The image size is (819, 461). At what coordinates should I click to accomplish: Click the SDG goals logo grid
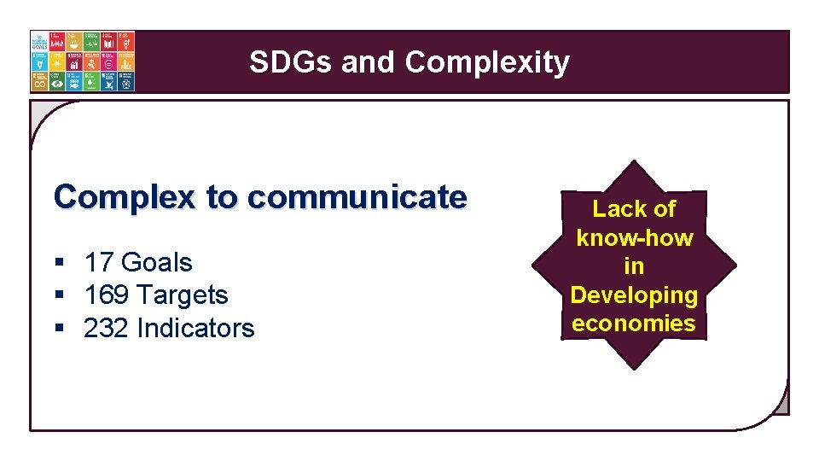[82, 61]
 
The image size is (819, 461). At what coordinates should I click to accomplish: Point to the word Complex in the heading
[125, 197]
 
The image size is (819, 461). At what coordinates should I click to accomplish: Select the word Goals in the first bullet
[157, 263]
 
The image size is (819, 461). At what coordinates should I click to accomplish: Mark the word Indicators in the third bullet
[195, 329]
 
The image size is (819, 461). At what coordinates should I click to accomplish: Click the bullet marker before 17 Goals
[59, 264]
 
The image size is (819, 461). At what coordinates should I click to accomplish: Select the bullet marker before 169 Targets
[59, 296]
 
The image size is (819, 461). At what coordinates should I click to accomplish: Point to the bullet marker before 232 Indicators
[59, 330]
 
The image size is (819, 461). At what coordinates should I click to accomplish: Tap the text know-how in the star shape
[635, 238]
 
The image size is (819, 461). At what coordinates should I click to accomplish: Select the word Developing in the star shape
[634, 295]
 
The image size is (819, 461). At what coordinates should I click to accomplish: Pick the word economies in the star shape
[634, 324]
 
